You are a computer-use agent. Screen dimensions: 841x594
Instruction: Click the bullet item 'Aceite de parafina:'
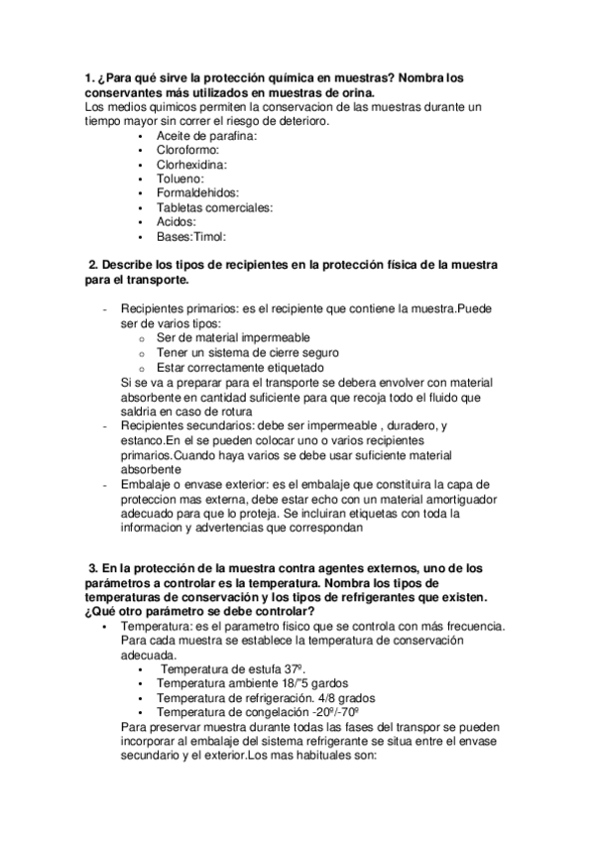click(x=206, y=135)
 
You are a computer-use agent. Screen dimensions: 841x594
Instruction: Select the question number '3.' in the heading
click(x=94, y=567)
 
